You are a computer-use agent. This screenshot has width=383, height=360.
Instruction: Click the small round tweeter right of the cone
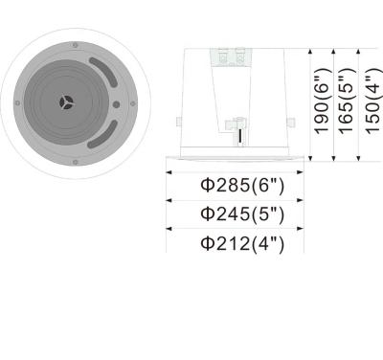coord(115,104)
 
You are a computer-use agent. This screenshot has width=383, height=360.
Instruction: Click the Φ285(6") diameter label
coord(242,183)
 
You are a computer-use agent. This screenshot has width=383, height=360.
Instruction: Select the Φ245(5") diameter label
coord(242,213)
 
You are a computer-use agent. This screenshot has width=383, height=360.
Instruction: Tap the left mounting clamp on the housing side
coord(180,120)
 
